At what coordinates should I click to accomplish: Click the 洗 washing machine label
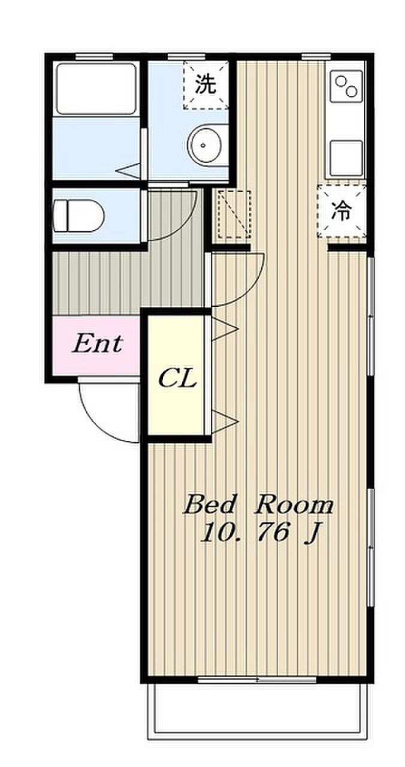[205, 84]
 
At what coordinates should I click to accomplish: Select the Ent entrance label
[97, 344]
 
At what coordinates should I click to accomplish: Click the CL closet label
[178, 378]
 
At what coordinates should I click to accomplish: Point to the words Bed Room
[258, 505]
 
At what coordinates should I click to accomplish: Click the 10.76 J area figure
[259, 533]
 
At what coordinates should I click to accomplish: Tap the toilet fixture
[79, 216]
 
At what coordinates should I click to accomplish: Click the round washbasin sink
[205, 145]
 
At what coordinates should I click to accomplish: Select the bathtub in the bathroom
[96, 89]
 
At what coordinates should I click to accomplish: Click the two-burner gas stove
[346, 86]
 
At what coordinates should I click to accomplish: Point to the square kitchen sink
[346, 158]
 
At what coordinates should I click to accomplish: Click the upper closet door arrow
[225, 329]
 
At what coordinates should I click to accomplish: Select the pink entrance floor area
[96, 346]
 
